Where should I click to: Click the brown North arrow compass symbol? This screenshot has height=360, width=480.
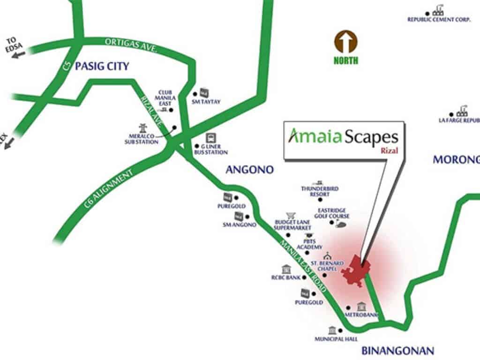(346, 43)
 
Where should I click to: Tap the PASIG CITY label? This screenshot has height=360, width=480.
(96, 66)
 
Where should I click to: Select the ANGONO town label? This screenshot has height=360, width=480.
(249, 170)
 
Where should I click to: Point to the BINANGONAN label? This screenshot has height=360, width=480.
(398, 350)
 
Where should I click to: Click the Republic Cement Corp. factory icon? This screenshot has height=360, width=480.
(439, 10)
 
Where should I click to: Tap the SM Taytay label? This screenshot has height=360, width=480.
(206, 101)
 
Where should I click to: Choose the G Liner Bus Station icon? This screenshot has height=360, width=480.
(211, 138)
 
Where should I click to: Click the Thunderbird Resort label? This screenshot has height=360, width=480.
(320, 191)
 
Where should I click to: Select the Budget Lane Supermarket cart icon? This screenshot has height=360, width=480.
(291, 215)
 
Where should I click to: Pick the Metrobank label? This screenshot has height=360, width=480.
(361, 315)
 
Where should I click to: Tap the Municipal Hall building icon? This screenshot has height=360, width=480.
(333, 330)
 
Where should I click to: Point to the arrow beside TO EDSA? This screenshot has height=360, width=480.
(18, 54)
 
